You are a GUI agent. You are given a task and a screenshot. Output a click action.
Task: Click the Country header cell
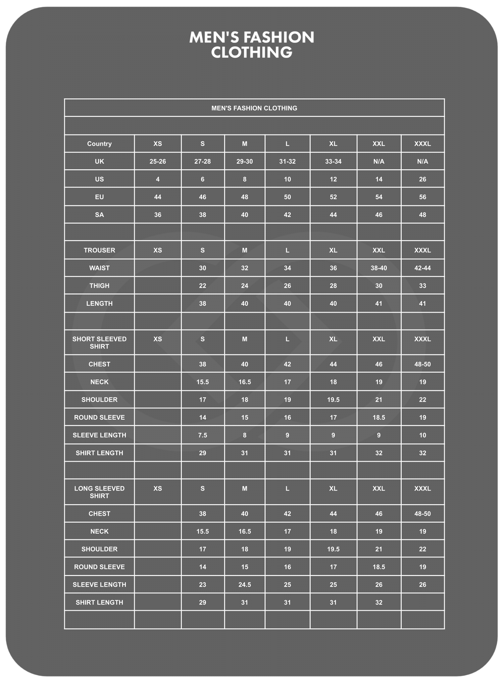pos(99,144)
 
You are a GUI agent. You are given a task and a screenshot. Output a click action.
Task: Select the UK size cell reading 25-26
pos(158,162)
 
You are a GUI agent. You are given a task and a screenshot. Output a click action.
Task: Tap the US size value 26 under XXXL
pos(423,179)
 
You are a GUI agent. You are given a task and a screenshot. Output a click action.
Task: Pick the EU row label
pos(99,197)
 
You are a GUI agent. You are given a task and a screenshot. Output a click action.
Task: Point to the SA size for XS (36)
pos(158,215)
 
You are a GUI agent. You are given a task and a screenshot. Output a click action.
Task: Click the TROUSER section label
pos(99,250)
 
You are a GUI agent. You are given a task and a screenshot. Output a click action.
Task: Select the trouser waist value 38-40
pos(379,268)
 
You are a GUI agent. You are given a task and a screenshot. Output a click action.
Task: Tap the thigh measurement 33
pos(423,286)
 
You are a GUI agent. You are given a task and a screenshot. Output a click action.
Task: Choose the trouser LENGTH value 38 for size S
pos(203,303)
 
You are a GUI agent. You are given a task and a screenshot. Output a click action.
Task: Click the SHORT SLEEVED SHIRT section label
pos(99,342)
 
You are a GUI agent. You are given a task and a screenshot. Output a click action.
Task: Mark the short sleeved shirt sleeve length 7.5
pos(203,435)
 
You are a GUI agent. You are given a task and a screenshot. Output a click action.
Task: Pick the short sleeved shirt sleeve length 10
pos(423,435)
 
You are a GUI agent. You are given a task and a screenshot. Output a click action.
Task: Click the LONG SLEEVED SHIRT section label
pos(99,492)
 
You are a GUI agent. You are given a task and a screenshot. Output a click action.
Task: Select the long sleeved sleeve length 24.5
pos(245,585)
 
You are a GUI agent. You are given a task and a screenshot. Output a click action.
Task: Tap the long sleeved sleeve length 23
pos(203,585)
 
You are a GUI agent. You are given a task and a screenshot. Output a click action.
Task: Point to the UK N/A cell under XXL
pos(379,162)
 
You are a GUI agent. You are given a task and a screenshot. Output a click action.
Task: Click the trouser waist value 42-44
pos(423,268)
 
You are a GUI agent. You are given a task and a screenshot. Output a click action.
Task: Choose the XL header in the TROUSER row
pos(333,250)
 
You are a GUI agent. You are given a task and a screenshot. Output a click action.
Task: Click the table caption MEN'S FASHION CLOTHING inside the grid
pos(254,108)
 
